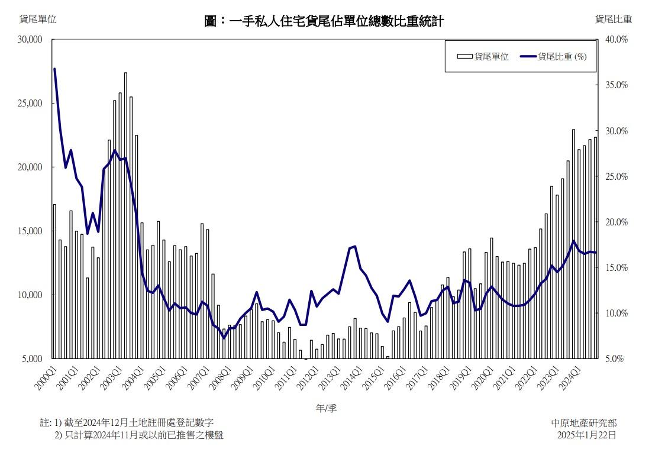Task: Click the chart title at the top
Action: click(324, 22)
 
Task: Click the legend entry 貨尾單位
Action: click(483, 57)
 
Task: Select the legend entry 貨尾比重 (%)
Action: click(554, 57)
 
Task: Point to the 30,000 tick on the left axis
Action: click(31, 40)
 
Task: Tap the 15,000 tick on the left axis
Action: click(31, 231)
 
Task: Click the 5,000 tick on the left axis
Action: click(33, 358)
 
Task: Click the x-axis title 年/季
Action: click(326, 408)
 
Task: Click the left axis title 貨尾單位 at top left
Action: click(38, 19)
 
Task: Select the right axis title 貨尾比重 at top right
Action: click(614, 19)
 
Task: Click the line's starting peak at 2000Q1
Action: click(54, 69)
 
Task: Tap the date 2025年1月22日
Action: click(586, 435)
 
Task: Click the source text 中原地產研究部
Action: click(583, 423)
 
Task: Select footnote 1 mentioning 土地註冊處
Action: click(127, 422)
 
